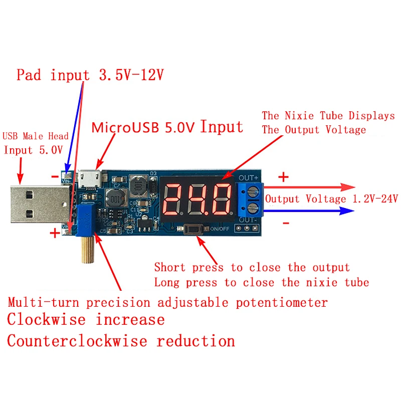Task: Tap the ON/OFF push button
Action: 194,229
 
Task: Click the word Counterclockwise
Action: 77,341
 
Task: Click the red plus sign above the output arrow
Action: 283,176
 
